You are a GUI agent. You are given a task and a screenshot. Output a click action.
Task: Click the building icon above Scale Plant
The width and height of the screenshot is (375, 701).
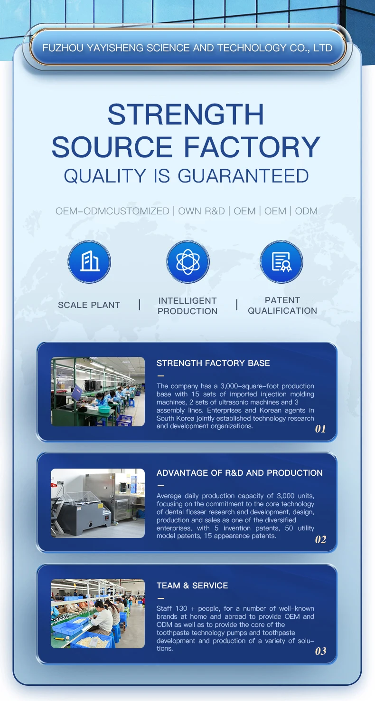tap(89, 261)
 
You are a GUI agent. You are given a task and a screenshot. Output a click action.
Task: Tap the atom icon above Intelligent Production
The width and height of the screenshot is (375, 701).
tap(188, 261)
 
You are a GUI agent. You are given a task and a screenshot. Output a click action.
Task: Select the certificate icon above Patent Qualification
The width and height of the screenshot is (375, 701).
tap(281, 261)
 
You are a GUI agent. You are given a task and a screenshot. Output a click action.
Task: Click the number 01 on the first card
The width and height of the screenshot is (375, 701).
tap(320, 429)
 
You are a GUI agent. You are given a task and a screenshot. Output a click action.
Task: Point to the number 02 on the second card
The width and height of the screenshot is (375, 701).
tap(320, 539)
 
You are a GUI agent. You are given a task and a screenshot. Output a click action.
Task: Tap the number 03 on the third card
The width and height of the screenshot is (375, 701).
tap(320, 651)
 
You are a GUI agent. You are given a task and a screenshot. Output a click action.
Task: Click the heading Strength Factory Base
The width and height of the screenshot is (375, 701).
tap(213, 363)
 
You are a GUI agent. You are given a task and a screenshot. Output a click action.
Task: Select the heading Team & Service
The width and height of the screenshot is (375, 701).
tap(192, 586)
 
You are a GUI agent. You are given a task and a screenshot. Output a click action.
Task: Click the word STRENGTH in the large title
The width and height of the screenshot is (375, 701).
tap(186, 115)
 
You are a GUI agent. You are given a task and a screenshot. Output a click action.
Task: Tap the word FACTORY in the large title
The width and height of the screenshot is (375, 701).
tap(252, 147)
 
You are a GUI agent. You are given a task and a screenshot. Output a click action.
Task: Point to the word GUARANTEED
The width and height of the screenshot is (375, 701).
tap(244, 175)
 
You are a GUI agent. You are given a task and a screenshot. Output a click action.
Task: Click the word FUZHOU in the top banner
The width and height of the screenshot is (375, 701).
tap(63, 48)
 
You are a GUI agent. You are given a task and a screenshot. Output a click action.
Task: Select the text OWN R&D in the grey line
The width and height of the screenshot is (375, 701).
tap(202, 211)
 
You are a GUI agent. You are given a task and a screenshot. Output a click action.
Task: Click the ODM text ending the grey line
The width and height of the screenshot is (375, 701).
tap(306, 211)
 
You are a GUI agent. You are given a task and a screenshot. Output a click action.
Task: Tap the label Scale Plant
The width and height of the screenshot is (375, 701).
tap(89, 305)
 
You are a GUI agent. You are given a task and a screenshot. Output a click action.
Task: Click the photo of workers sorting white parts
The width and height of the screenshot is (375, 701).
tap(98, 614)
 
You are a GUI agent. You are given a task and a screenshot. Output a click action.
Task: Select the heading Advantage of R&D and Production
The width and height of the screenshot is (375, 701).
tap(240, 473)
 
